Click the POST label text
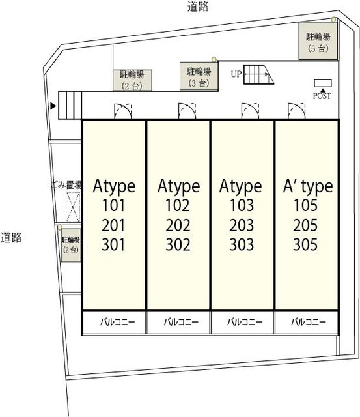click(x=322, y=96)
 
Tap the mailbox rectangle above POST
click(x=323, y=83)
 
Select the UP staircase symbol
click(x=258, y=74)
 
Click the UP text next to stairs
click(x=236, y=74)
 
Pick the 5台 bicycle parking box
click(x=318, y=40)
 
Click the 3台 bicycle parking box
click(x=199, y=76)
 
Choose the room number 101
click(x=113, y=205)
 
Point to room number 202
click(x=178, y=225)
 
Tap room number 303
click(x=242, y=245)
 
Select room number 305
click(x=305, y=245)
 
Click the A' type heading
click(x=308, y=186)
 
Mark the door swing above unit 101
click(x=123, y=111)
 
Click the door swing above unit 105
click(x=297, y=111)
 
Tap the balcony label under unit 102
click(x=181, y=322)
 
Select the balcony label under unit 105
click(x=309, y=322)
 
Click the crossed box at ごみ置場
click(x=73, y=207)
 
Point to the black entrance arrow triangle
click(x=53, y=106)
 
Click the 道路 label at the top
click(x=198, y=7)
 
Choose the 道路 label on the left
click(x=11, y=237)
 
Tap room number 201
click(x=113, y=225)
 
